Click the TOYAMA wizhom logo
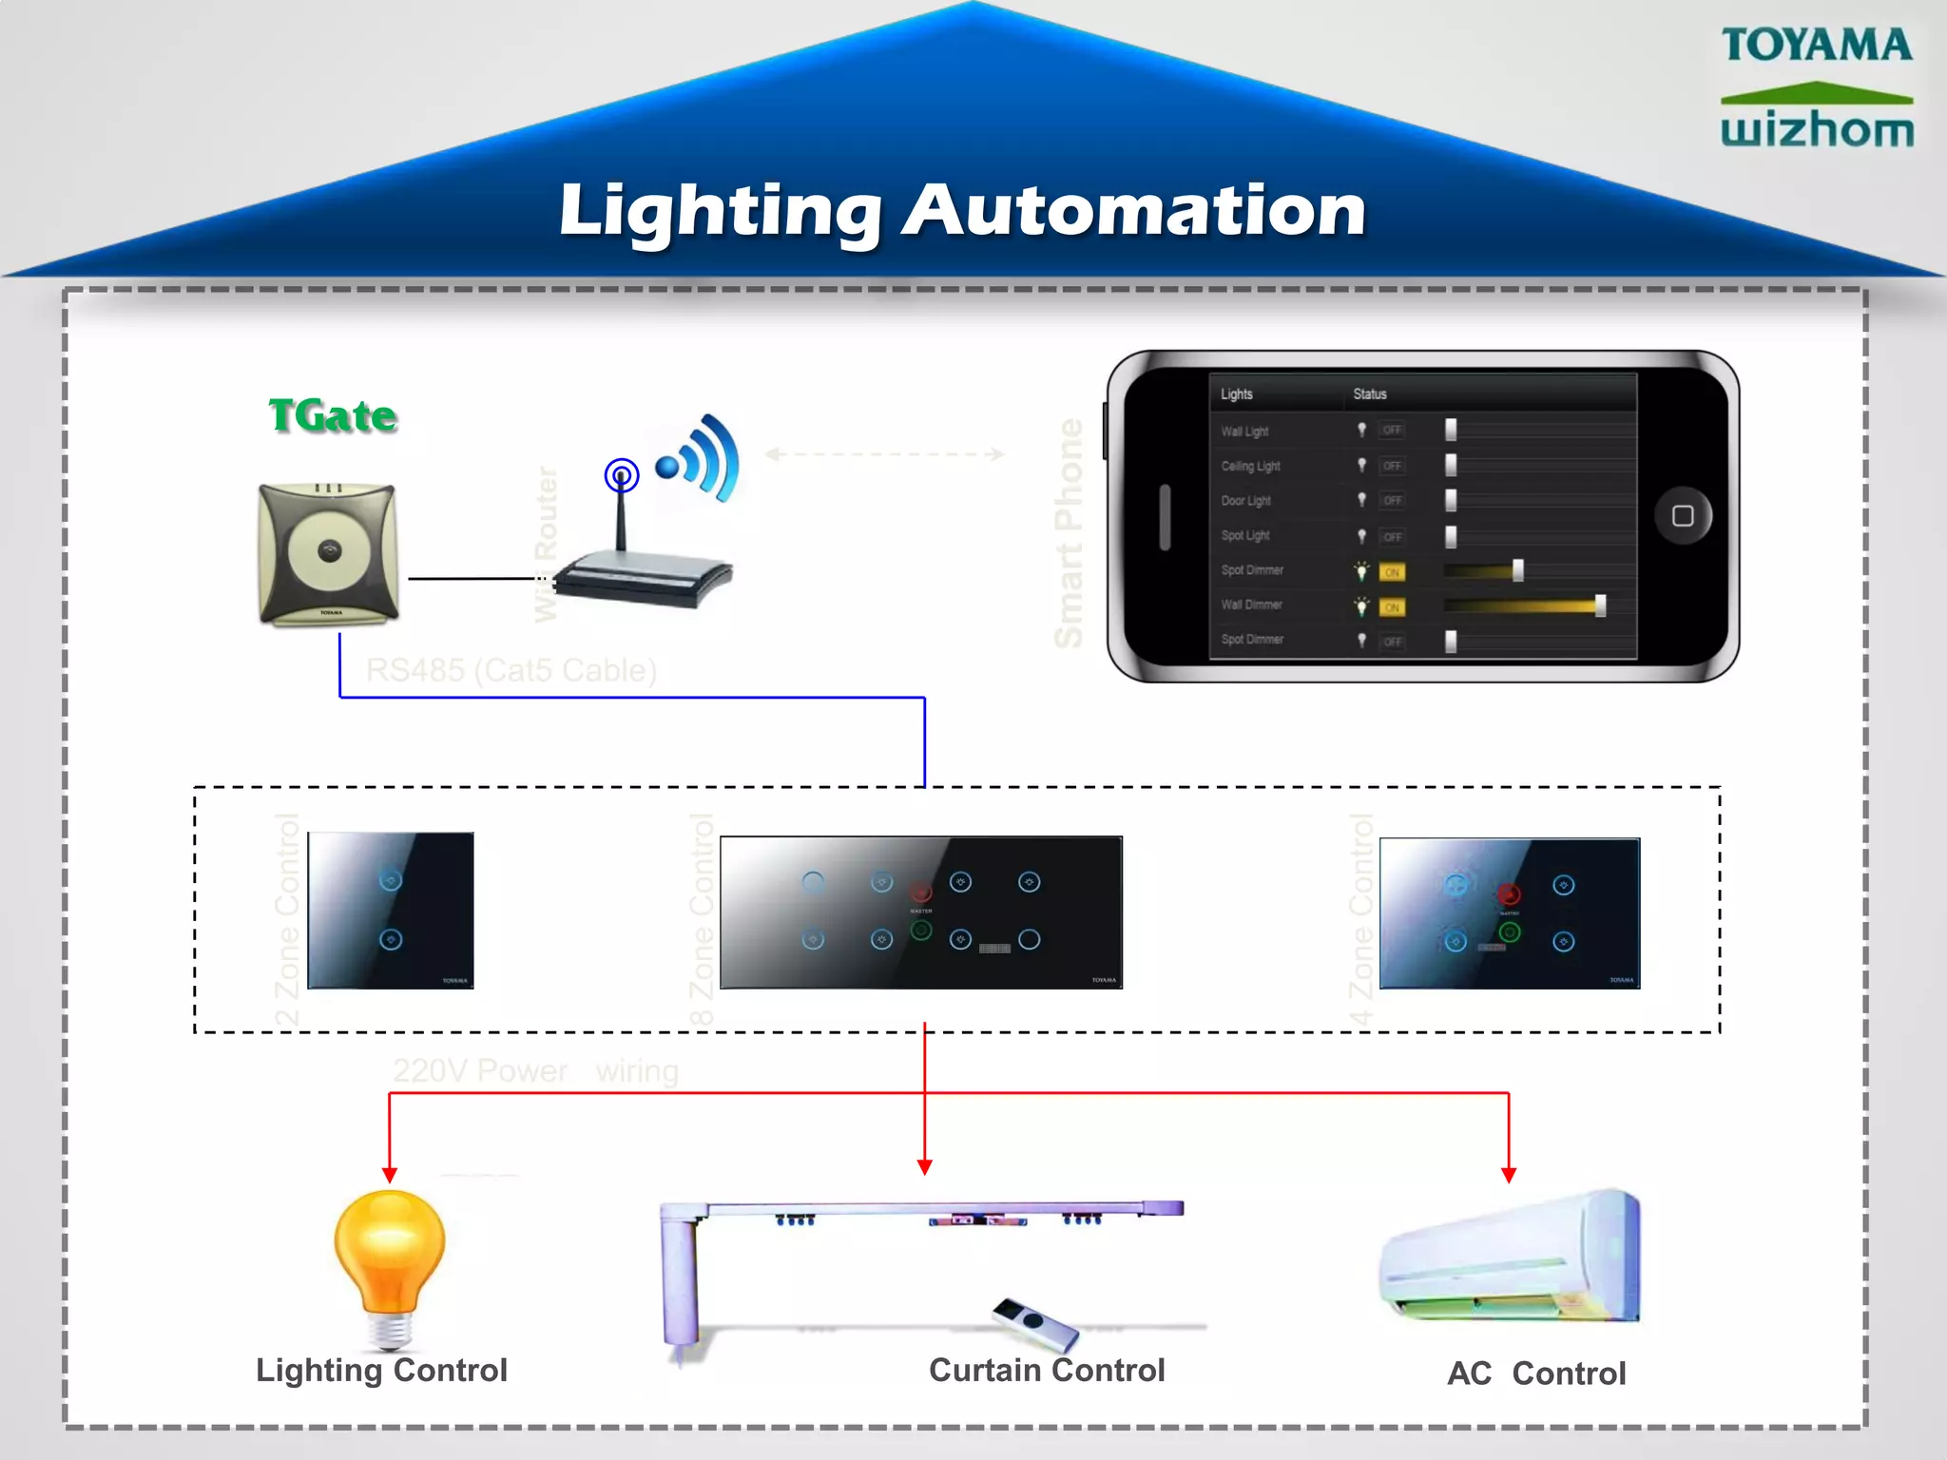pyautogui.click(x=1817, y=87)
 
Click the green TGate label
pyautogui.click(x=332, y=415)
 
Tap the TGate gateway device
pyautogui.click(x=328, y=554)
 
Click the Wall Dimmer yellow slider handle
pyautogui.click(x=1600, y=605)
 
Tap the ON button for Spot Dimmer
pyautogui.click(x=1392, y=572)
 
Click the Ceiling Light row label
pyautogui.click(x=1250, y=466)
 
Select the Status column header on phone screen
pyautogui.click(x=1369, y=394)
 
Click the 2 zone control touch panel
pyautogui.click(x=391, y=911)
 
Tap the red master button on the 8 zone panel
pyautogui.click(x=920, y=892)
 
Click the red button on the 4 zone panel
pyautogui.click(x=1509, y=894)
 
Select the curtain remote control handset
pyautogui.click(x=1034, y=1324)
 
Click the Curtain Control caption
pyautogui.click(x=1047, y=1370)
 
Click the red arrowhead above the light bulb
pyautogui.click(x=389, y=1175)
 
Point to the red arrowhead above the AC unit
pyautogui.click(x=1509, y=1175)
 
